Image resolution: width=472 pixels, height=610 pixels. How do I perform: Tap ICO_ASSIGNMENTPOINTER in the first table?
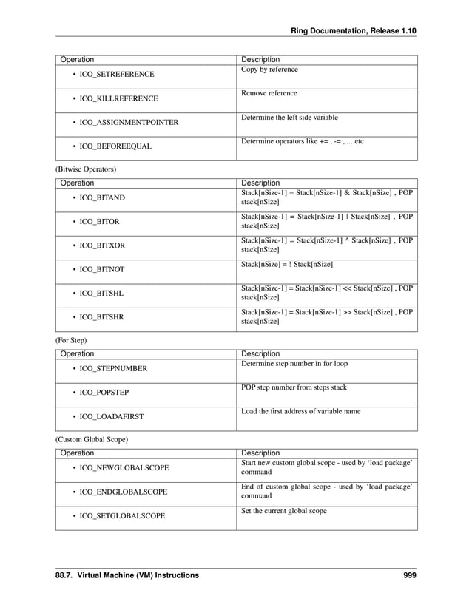pyautogui.click(x=129, y=122)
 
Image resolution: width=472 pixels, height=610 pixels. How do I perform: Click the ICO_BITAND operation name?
pyautogui.click(x=102, y=198)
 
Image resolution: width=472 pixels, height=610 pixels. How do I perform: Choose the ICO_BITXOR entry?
pyautogui.click(x=102, y=245)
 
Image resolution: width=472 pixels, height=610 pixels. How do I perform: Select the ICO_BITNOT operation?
pyautogui.click(x=102, y=269)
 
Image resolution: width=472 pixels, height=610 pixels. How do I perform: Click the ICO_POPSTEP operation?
pyautogui.click(x=107, y=393)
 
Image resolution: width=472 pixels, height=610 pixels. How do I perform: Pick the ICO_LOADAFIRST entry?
pyautogui.click(x=112, y=417)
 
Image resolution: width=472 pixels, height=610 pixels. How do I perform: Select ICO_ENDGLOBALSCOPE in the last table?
pyautogui.click(x=124, y=492)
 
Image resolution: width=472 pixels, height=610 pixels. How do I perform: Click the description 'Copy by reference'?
pyautogui.click(x=269, y=70)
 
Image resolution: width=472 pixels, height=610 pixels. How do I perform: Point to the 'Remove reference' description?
pyautogui.click(x=269, y=93)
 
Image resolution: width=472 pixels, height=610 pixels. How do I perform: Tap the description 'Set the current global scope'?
pyautogui.click(x=283, y=511)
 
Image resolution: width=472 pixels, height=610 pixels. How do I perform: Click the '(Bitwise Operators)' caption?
pyautogui.click(x=86, y=169)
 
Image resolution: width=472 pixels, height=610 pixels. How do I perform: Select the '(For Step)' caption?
pyautogui.click(x=71, y=340)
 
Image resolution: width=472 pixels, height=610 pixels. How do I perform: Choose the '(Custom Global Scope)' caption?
pyautogui.click(x=92, y=440)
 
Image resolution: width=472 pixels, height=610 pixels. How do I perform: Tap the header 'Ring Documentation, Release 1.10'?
pyautogui.click(x=354, y=29)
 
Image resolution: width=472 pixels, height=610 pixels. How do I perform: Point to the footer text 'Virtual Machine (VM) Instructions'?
pyautogui.click(x=140, y=575)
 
